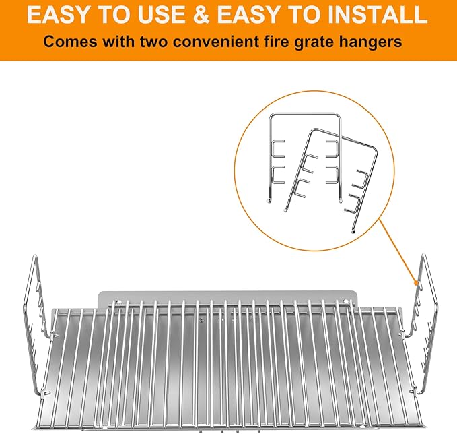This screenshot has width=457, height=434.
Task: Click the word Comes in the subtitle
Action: coord(70,41)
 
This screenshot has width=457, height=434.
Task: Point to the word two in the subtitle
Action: coord(154,41)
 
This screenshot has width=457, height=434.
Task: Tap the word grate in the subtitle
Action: coord(314,42)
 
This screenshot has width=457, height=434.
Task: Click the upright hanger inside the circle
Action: coord(270,158)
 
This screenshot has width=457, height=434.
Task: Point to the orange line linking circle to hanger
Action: coord(398,251)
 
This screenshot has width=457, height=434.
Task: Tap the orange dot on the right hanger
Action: coord(417,282)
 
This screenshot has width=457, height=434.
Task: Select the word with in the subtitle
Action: coord(118,41)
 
